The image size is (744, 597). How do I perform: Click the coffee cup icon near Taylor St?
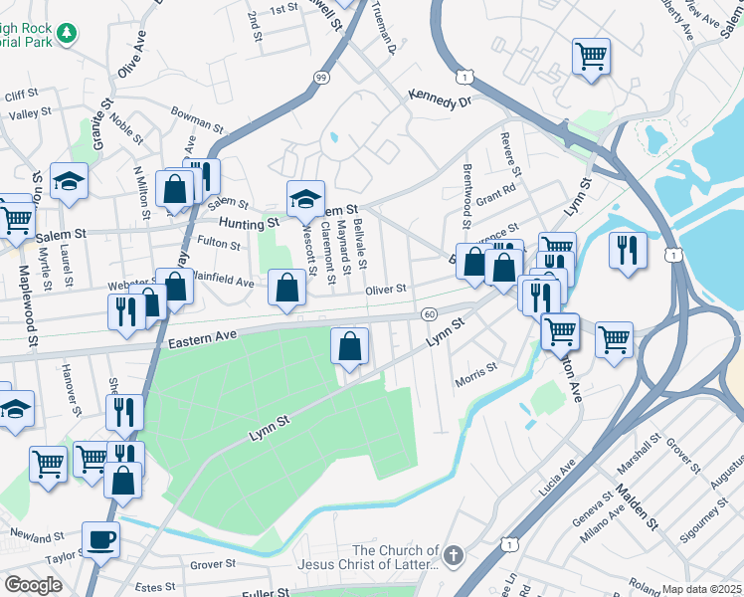tap(100, 539)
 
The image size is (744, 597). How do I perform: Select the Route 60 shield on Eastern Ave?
tap(428, 314)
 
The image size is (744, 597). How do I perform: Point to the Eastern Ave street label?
tap(202, 340)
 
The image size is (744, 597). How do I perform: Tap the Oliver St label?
tap(387, 290)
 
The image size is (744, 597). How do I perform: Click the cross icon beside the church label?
tap(454, 555)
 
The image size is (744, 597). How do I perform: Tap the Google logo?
tap(33, 585)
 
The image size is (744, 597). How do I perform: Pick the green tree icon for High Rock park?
tap(67, 34)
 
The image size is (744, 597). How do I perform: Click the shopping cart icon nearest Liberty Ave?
tap(591, 55)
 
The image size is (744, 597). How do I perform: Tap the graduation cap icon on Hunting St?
tap(305, 198)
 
